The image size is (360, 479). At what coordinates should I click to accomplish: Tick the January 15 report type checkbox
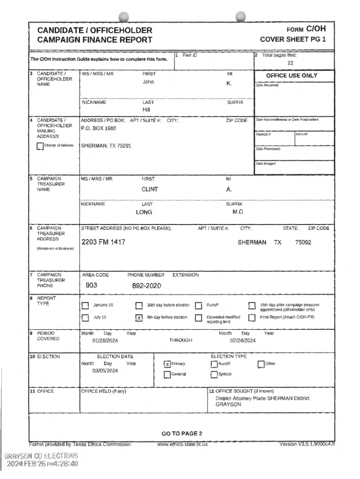tap(85, 306)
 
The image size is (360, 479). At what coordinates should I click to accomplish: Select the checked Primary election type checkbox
tap(167, 364)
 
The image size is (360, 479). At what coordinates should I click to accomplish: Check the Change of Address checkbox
tap(40, 146)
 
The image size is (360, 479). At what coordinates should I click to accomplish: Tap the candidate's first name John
tap(148, 82)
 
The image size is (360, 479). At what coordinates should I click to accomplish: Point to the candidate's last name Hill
tap(146, 110)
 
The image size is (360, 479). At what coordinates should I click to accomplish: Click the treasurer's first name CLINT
tap(150, 189)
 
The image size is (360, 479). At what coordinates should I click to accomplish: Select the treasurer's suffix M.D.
tap(239, 212)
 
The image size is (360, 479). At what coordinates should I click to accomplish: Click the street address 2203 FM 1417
tap(103, 242)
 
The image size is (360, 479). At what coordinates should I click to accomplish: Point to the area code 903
tap(91, 285)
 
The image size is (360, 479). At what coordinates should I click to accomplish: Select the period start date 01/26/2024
tap(105, 341)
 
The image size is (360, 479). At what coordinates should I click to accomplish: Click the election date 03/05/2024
tap(105, 371)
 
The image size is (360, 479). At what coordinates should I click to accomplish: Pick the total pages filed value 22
tap(290, 63)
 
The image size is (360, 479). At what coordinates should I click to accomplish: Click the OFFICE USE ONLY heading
tap(291, 76)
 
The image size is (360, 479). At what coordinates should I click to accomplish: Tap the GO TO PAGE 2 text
tap(181, 434)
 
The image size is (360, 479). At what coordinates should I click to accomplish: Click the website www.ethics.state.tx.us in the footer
tap(182, 444)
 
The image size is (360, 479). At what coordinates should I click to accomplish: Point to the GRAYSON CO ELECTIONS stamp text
tap(41, 456)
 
